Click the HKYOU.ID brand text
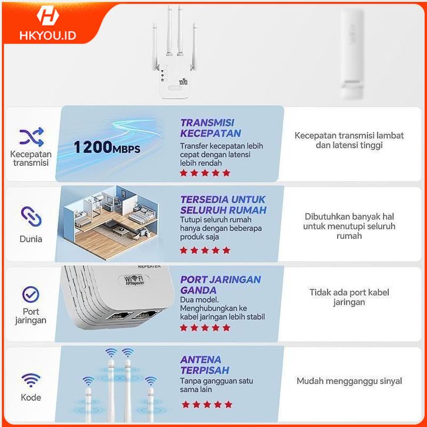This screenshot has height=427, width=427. point(48,35)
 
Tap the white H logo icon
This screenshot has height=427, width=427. point(48,15)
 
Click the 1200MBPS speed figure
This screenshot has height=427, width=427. point(107,147)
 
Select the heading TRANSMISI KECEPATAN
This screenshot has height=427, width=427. point(211,128)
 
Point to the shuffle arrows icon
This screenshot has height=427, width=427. point(31,137)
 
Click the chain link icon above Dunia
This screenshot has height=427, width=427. point(31,216)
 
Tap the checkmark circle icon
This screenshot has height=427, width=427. point(31,295)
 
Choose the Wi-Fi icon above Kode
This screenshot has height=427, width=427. point(31,380)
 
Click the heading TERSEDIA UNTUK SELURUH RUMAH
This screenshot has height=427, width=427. point(223,205)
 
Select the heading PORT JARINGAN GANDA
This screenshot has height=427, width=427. point(221,285)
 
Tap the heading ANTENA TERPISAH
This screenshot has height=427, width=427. point(205,365)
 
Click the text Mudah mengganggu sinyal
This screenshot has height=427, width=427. point(349,381)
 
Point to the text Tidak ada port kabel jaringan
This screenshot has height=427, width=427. point(349,297)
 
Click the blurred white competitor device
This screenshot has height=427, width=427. point(352,54)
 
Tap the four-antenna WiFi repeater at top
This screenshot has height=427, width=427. point(174,52)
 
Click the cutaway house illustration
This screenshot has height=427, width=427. point(111,222)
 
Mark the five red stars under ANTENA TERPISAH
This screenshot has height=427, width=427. point(207,405)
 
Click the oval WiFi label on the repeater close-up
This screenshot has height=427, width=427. point(134,280)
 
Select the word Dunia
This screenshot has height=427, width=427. point(31,239)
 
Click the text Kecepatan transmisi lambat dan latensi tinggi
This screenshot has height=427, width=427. point(349,140)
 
